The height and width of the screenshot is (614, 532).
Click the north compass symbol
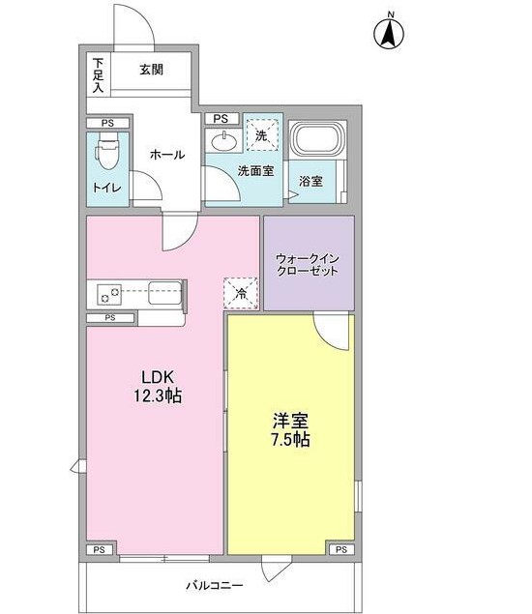[x=389, y=32]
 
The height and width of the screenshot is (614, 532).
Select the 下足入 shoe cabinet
[x=98, y=75]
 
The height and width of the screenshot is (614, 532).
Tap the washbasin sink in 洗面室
[x=225, y=141]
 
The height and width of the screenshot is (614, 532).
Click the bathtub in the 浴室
[x=315, y=144]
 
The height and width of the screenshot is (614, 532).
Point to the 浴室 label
[x=310, y=181]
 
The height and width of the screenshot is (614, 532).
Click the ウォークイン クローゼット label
[x=309, y=264]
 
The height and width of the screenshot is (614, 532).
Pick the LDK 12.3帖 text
[x=157, y=386]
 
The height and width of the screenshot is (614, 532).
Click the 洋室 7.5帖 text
[x=289, y=429]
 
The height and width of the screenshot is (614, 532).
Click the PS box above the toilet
[x=106, y=123]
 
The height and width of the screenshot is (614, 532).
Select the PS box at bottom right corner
[x=340, y=549]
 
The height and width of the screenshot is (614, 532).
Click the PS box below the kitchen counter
[x=111, y=317]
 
